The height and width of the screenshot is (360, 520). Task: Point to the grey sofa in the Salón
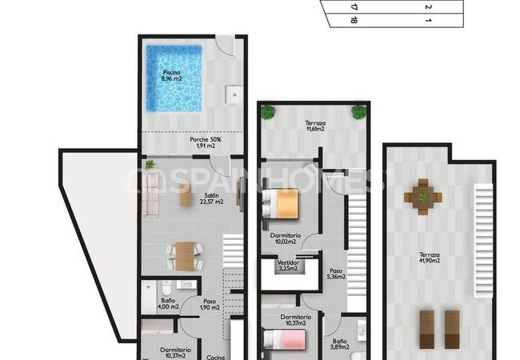click(150, 195)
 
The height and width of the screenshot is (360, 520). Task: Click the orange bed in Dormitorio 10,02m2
click(281, 203)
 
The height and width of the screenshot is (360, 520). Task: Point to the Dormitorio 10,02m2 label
click(286, 239)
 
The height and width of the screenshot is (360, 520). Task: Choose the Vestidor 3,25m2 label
click(288, 266)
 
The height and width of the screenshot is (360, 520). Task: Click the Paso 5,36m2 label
click(337, 274)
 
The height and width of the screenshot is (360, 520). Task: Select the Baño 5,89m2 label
click(339, 345)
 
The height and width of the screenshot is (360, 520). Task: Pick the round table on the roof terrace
click(422, 194)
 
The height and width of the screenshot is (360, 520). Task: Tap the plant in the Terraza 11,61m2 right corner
click(358, 112)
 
